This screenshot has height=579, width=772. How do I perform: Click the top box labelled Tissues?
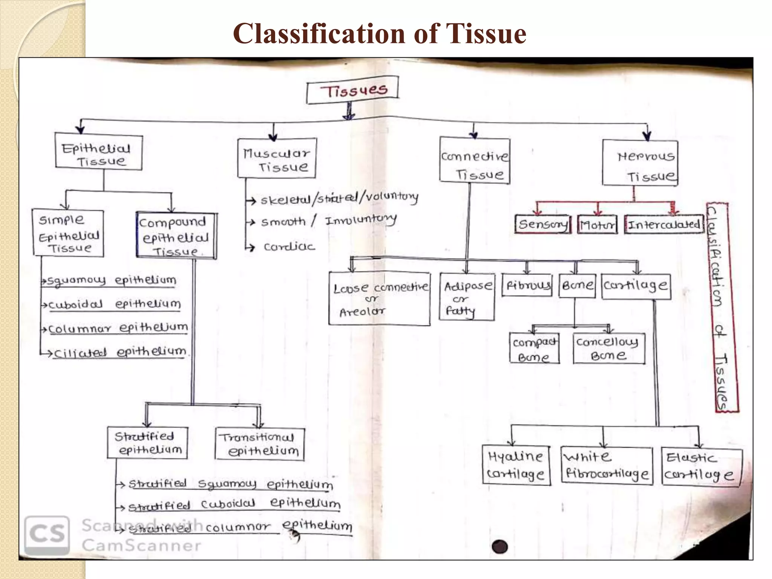[x=352, y=90]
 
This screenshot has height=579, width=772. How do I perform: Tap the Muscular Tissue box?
[x=277, y=158]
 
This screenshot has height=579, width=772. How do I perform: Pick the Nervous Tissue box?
[x=640, y=163]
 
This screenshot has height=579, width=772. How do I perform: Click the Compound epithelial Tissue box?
[x=176, y=236]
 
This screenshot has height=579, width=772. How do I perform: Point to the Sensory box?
[x=543, y=225]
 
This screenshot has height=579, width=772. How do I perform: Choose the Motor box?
[x=597, y=225]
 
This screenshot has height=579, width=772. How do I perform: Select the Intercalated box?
[x=664, y=225]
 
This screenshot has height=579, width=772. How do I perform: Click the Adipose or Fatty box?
[x=467, y=297]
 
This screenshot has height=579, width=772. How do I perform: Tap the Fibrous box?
[x=527, y=285]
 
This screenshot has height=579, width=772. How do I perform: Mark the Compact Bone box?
[x=534, y=348]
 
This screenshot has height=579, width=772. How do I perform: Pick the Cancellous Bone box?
[x=609, y=348]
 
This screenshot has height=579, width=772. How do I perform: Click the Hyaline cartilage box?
[x=516, y=465]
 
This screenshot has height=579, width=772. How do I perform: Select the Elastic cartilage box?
[x=701, y=466]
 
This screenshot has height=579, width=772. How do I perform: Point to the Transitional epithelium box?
[x=260, y=444]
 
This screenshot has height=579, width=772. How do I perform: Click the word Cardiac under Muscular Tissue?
[x=289, y=247]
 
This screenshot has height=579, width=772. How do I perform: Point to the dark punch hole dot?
[x=500, y=547]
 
